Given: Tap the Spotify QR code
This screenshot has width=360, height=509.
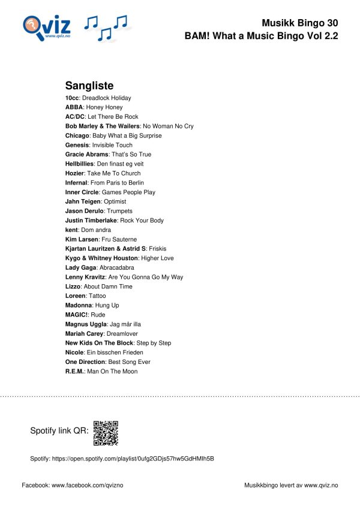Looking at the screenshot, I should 106,433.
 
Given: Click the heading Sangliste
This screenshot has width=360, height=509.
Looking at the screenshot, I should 89,86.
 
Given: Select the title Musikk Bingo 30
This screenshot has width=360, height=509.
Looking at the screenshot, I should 300,23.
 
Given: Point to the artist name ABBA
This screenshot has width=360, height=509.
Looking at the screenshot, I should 74,107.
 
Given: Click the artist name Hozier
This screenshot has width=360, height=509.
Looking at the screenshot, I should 76,173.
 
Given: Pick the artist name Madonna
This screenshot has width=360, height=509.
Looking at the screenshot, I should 79,305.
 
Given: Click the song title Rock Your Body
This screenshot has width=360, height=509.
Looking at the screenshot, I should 142,221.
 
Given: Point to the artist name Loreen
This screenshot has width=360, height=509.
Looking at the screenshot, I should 75,296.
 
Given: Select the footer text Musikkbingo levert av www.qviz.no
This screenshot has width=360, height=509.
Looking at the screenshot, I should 291,484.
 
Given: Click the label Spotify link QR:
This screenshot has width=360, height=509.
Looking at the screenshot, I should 59,431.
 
